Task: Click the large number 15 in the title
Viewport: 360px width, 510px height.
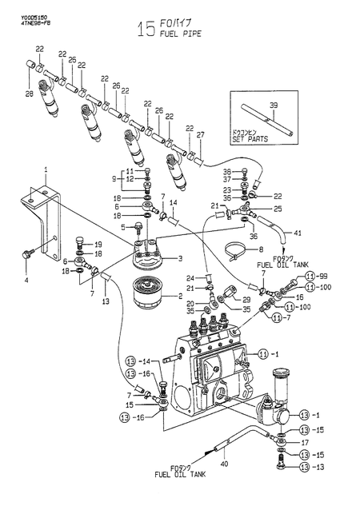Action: [146, 30]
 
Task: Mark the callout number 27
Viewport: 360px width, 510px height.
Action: [201, 134]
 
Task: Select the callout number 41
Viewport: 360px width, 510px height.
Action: [297, 233]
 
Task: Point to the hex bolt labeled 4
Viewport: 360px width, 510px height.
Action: [26, 253]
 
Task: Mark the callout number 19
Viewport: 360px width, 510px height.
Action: [98, 244]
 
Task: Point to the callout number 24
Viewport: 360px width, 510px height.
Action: [190, 278]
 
